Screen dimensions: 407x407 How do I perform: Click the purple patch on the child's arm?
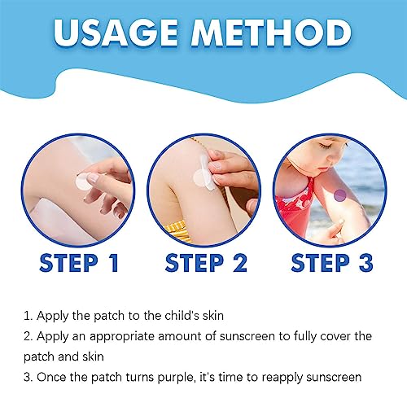coord(339,195)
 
